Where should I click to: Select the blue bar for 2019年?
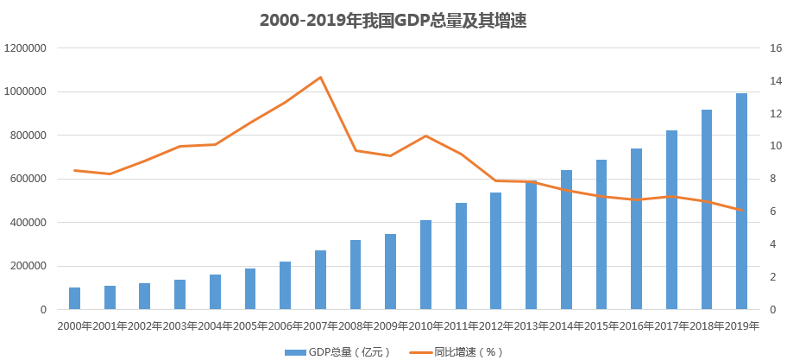coord(741,201)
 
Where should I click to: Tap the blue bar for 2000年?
coord(75,298)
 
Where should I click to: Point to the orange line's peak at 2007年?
coord(321,77)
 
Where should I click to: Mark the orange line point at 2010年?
coord(426,136)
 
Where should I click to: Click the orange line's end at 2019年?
coord(741,210)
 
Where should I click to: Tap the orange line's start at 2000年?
coord(75,170)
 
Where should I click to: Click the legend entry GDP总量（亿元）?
coord(337,351)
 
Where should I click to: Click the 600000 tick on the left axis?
coord(28,179)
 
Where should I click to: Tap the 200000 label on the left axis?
coord(28,266)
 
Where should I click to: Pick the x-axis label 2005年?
coord(250,325)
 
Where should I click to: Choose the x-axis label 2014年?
coord(566,325)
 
